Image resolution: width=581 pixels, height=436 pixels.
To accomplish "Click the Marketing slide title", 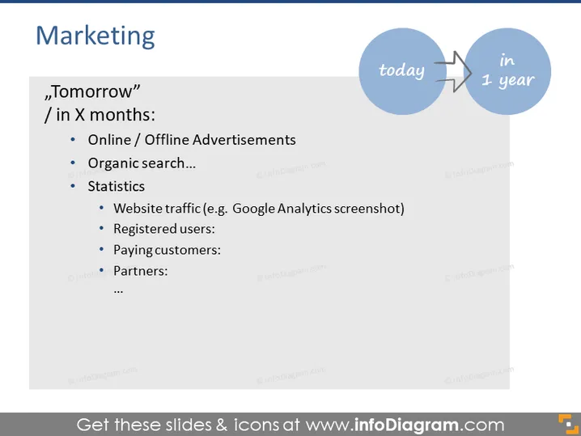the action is point(95,36).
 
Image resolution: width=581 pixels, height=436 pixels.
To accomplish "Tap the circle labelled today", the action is point(402,71).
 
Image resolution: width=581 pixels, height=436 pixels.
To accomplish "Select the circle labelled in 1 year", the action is point(507,71).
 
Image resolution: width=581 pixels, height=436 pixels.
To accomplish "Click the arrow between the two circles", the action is point(453,71).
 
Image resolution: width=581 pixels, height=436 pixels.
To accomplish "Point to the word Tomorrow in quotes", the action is point(92,91).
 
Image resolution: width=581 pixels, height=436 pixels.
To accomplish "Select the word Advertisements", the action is point(244,140).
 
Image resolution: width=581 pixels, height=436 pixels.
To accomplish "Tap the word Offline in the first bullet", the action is point(167,140).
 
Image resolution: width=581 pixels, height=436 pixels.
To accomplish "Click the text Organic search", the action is point(142,163).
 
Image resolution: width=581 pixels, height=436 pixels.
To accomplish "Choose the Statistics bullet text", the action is point(116,186).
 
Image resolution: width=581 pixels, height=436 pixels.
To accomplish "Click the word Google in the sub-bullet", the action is point(253,209).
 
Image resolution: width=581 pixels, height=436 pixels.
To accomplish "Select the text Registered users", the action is point(163,229).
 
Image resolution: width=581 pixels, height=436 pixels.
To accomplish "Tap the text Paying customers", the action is point(167,250).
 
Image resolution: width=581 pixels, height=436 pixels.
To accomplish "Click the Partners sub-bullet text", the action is point(141,271).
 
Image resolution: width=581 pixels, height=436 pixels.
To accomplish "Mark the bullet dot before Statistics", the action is point(73,186).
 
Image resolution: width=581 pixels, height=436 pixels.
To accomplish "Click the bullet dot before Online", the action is point(73,140).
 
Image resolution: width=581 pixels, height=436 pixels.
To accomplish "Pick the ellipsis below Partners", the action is point(118,292).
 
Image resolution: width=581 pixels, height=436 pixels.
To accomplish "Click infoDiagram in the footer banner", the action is point(406,425).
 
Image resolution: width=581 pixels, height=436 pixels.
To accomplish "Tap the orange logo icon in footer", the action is point(568,424).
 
